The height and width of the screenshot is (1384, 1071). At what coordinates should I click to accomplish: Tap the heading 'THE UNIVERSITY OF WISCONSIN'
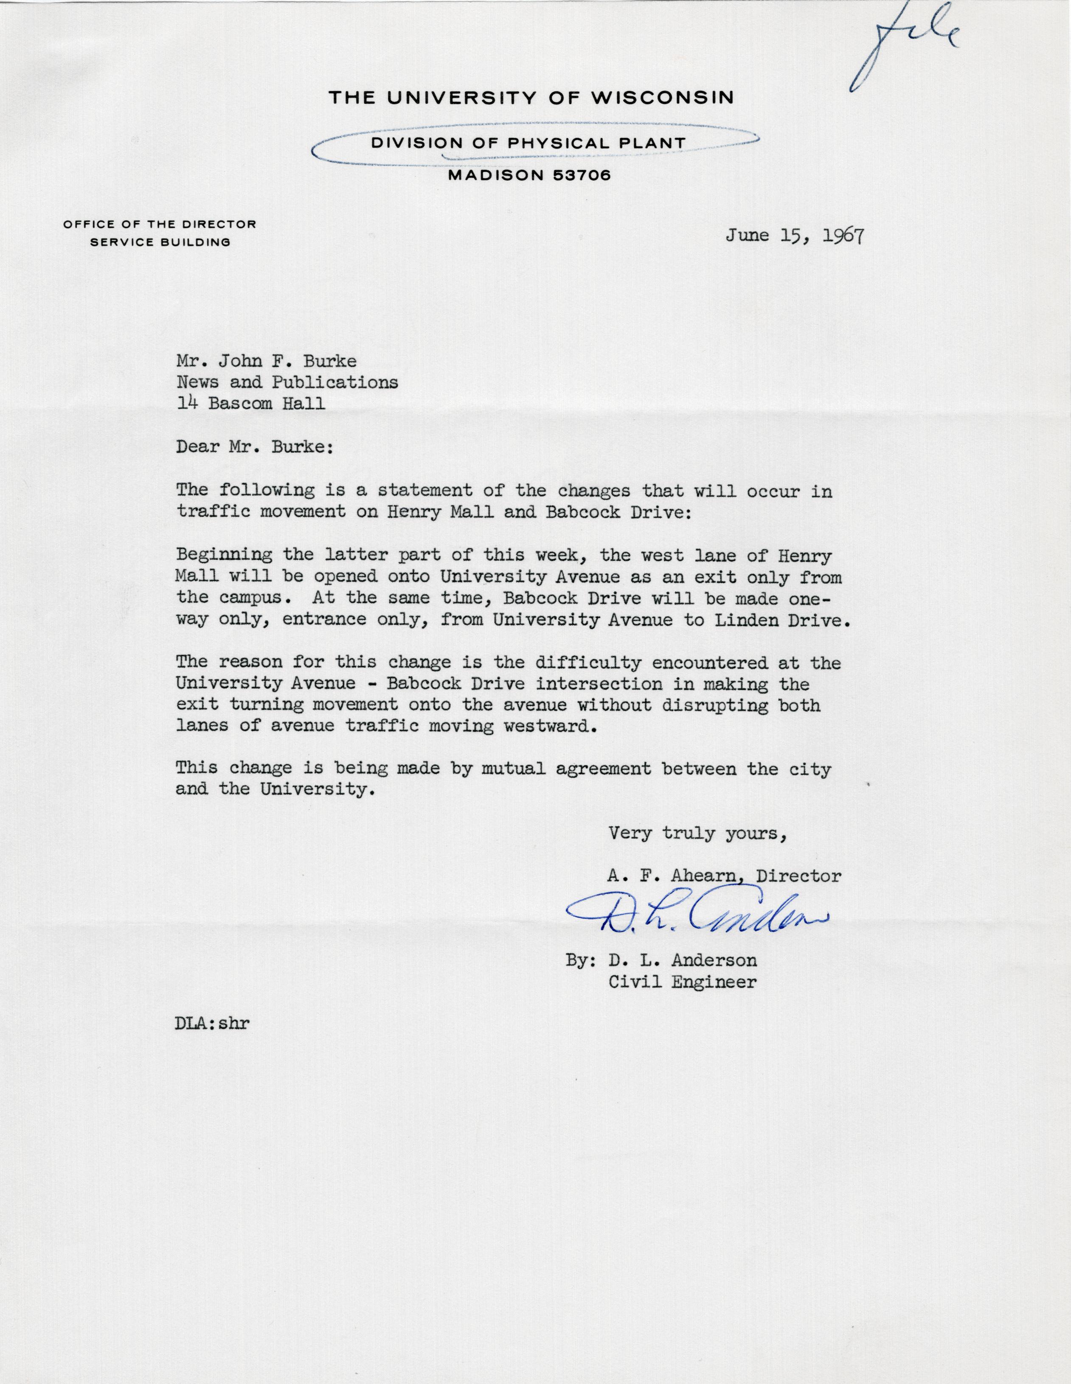coord(531,98)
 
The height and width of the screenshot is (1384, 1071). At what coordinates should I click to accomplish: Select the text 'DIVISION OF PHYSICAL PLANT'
coord(528,143)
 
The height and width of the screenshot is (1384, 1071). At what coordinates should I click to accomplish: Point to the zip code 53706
coord(582,176)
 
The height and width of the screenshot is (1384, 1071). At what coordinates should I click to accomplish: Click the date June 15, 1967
coord(795,236)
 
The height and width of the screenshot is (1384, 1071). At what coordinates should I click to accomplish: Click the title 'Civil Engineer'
coord(682,982)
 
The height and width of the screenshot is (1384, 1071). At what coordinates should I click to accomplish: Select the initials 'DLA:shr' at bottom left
coord(212,1024)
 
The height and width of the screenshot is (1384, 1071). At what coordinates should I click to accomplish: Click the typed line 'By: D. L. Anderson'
coord(661,961)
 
